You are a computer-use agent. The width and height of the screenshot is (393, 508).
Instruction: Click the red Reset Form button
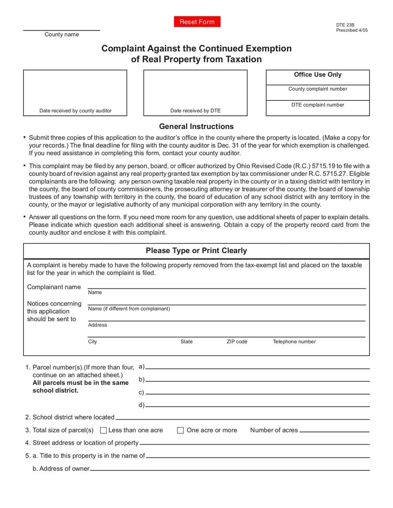pos(197,22)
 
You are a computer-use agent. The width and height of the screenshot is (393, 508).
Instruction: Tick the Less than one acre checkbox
pos(103,430)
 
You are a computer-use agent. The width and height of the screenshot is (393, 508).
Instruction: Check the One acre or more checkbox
pos(180,430)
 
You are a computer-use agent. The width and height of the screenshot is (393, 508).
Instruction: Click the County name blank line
pos(61,29)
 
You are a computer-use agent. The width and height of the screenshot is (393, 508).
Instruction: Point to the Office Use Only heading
pos(317,75)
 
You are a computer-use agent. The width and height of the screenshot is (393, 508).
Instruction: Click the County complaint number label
pos(317,89)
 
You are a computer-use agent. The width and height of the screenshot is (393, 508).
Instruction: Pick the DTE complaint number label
pos(317,105)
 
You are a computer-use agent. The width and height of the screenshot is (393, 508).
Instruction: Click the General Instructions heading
pos(196,126)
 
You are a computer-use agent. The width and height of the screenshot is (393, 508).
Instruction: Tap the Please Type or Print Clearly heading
pos(196,251)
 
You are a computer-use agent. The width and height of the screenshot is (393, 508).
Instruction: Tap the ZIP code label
pos(237,342)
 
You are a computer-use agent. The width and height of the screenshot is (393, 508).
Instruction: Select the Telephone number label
pos(294,342)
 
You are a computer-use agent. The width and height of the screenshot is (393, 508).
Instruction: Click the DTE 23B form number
pos(345,25)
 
